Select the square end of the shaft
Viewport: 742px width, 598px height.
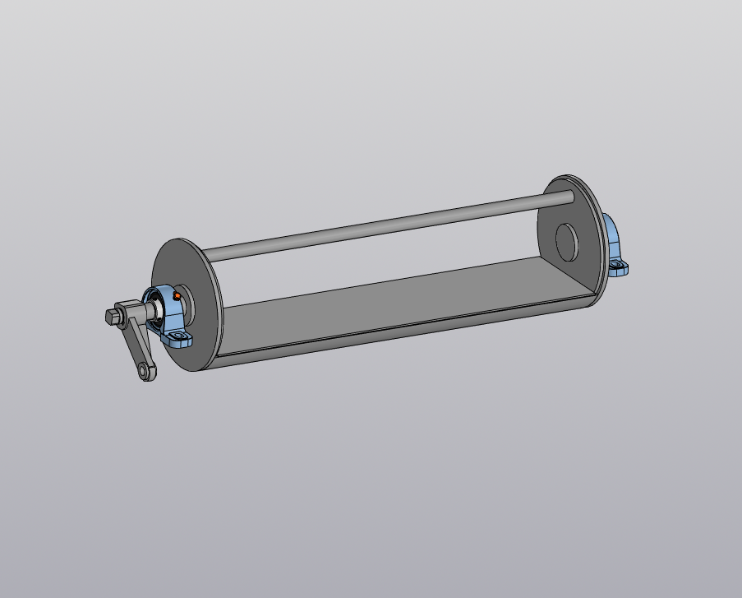(113, 316)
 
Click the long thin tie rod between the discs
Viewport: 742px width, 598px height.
(386, 222)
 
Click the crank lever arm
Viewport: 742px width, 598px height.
(136, 345)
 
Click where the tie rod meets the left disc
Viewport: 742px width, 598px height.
(206, 253)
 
